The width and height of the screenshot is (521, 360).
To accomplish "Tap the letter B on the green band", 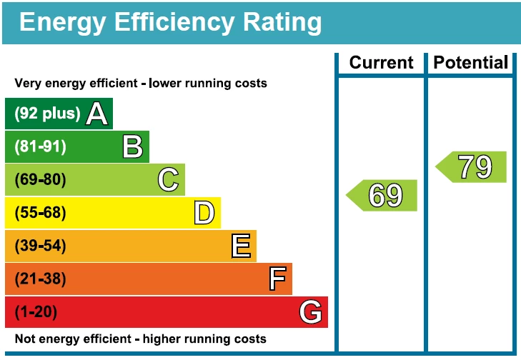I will [133, 146].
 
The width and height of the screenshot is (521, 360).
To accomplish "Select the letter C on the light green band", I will [169, 179].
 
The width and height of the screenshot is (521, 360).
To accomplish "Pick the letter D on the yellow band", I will [204, 213].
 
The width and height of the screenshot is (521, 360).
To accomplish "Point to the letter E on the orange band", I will [241, 246].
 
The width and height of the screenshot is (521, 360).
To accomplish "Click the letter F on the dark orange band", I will [277, 279].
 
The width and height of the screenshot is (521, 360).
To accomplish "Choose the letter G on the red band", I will [311, 312].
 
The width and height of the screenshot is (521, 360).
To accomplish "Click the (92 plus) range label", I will [47, 114].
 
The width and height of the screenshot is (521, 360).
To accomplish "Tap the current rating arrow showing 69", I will [383, 195].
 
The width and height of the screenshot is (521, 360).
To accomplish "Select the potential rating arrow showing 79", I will [472, 167].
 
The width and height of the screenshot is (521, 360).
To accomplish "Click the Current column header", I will [382, 63].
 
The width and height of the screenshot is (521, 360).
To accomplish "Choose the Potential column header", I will [471, 63].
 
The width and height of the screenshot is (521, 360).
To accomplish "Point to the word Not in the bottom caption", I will [25, 339].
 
